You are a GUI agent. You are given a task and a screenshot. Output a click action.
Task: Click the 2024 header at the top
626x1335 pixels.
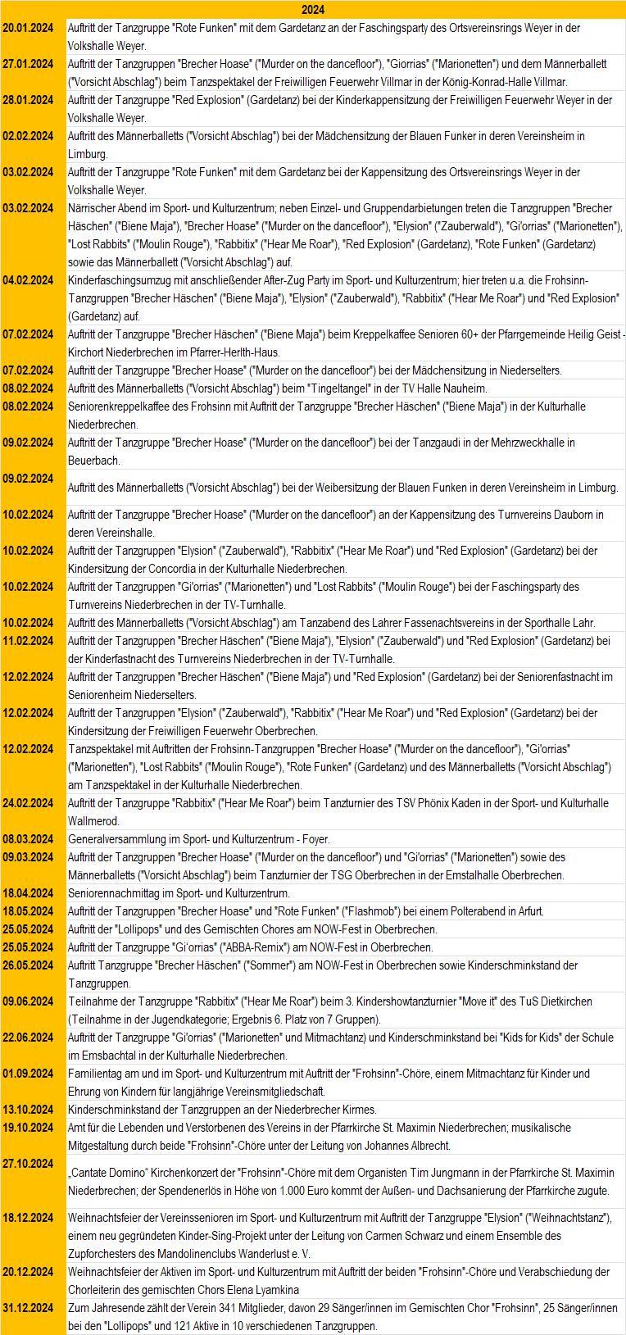pyautogui.click(x=312, y=10)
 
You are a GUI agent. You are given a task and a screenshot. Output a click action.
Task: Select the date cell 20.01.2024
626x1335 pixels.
pyautogui.click(x=29, y=28)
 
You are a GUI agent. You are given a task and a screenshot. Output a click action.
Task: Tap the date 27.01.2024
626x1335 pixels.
pyautogui.click(x=29, y=64)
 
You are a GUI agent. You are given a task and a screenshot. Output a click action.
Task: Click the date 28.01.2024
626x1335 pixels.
pyautogui.click(x=29, y=100)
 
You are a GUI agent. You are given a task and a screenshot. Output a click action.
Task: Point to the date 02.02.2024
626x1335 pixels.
pyautogui.click(x=29, y=136)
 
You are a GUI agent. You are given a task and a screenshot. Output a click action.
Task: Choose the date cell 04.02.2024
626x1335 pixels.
pyautogui.click(x=29, y=280)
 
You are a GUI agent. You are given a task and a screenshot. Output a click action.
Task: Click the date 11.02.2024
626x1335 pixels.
pyautogui.click(x=29, y=641)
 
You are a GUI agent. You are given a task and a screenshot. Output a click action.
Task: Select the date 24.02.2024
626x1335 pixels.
pyautogui.click(x=29, y=803)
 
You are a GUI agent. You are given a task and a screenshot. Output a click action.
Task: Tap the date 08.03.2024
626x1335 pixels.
pyautogui.click(x=29, y=839)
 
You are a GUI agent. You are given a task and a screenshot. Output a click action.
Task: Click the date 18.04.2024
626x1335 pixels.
pyautogui.click(x=29, y=893)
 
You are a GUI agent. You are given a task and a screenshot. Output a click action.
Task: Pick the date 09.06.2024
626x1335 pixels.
pyautogui.click(x=29, y=1001)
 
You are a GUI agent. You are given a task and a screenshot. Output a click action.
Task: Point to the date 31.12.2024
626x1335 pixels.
pyautogui.click(x=29, y=1308)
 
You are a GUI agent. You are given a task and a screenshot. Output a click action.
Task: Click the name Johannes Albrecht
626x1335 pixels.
pyautogui.click(x=407, y=1146)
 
